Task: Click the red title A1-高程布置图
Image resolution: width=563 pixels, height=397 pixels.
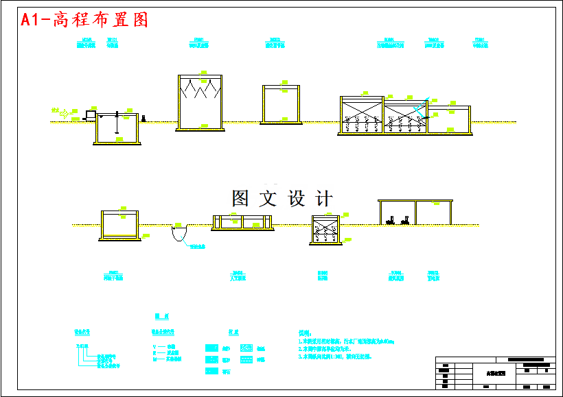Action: (84, 20)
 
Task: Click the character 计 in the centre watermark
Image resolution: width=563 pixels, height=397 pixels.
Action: (323, 199)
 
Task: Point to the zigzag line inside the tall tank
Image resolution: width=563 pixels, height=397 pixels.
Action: (200, 90)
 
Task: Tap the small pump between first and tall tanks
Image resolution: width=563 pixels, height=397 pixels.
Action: (143, 119)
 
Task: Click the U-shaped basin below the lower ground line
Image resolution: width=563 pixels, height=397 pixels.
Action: (179, 234)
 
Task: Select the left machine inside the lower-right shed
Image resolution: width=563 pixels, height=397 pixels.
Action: (390, 221)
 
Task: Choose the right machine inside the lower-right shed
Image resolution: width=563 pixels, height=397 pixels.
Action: (406, 221)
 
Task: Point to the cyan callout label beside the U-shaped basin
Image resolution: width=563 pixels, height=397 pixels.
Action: (198, 248)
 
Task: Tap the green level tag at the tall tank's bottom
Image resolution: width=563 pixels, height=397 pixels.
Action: (204, 125)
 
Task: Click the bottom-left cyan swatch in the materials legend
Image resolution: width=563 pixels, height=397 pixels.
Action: (211, 371)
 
